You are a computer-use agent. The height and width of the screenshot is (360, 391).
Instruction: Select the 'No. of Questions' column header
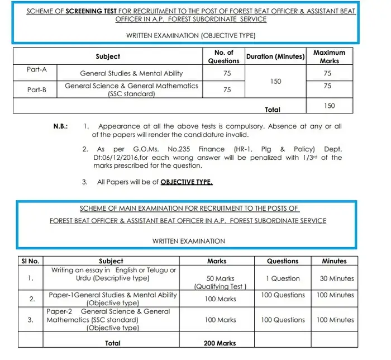(223, 56)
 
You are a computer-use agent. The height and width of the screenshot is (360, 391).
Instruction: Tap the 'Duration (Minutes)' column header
(275, 56)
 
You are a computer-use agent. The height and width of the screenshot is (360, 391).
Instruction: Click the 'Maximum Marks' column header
(329, 56)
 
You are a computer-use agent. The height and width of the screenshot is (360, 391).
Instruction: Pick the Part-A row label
(37, 69)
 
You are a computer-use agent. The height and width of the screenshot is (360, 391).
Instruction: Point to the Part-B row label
(37, 89)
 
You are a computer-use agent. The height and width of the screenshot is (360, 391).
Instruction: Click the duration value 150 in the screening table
(275, 82)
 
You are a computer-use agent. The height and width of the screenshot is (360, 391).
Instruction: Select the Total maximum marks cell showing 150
(329, 106)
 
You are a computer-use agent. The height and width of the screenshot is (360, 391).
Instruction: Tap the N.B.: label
(61, 127)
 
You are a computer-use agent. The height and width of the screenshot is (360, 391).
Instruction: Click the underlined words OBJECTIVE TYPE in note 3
(187, 182)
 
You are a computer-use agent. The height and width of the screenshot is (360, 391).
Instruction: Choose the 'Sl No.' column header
(30, 261)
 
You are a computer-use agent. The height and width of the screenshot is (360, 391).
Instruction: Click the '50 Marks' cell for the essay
(221, 278)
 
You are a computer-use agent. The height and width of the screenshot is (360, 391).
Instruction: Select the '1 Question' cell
(283, 278)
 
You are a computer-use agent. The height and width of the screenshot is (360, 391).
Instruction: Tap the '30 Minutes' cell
(337, 278)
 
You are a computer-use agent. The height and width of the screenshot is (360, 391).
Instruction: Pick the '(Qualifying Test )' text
(221, 287)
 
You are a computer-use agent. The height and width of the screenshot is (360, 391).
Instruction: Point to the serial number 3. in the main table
(30, 320)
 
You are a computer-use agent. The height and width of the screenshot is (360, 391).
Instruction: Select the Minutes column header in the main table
(334, 261)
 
